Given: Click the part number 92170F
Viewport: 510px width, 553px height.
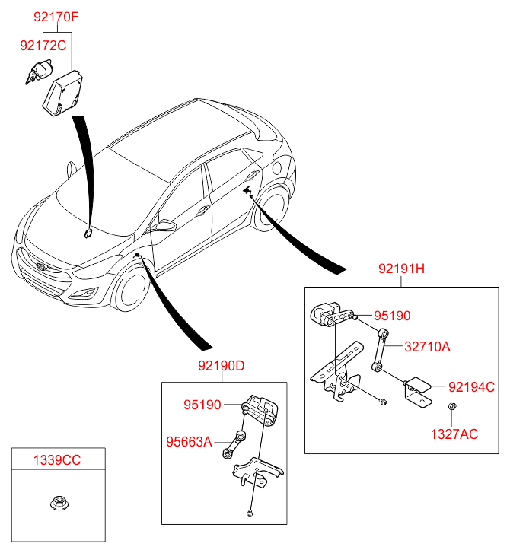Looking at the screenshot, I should (55, 15).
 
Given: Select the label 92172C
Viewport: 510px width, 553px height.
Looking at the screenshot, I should (43, 46).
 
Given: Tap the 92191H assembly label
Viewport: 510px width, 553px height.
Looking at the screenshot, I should (401, 269).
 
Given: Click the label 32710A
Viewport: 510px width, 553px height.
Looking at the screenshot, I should (427, 347).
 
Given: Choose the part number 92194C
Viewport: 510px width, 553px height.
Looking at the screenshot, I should (471, 386).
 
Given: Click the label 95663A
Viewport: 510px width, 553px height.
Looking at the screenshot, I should (189, 440).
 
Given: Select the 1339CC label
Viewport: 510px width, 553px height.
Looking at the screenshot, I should (56, 459).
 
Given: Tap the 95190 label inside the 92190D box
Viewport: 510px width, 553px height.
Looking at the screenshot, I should (201, 405).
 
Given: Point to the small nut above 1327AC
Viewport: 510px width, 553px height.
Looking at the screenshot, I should (452, 406).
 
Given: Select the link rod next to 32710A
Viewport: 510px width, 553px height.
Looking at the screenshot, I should (381, 350).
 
